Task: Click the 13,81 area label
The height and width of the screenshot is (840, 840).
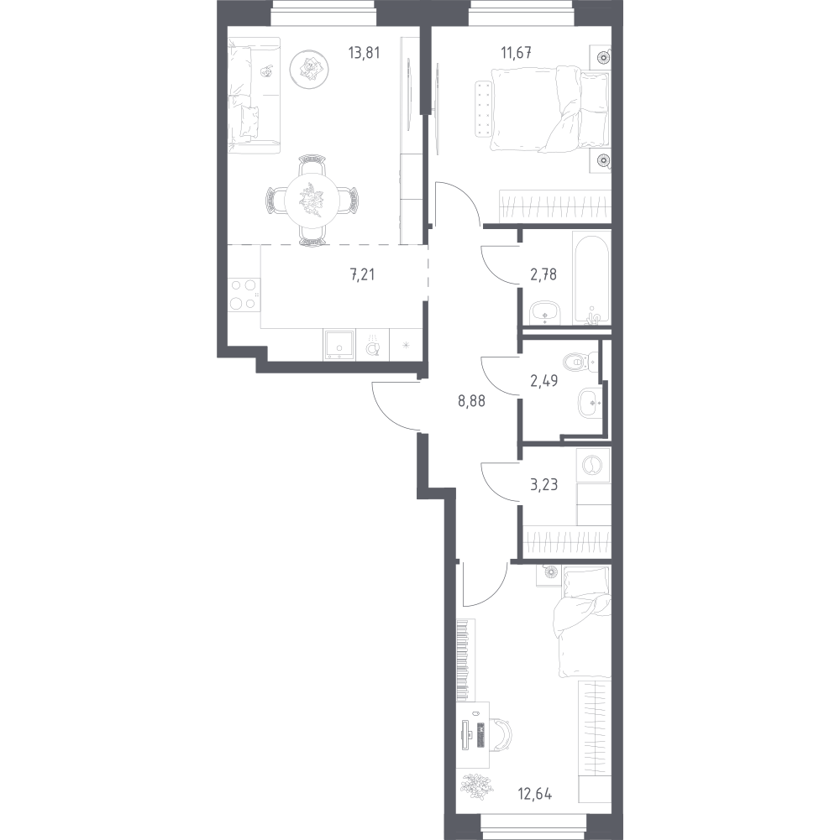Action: [365, 53]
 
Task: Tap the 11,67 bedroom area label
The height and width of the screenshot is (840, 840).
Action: [516, 53]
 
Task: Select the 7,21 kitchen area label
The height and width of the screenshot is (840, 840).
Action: [363, 274]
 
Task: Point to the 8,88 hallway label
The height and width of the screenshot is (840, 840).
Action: [471, 401]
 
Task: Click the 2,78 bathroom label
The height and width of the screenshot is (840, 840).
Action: [543, 274]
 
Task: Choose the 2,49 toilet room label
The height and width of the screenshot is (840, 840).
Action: [544, 381]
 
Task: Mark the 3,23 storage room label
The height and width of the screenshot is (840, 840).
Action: [544, 485]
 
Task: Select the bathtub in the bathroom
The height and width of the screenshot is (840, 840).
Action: [591, 278]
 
